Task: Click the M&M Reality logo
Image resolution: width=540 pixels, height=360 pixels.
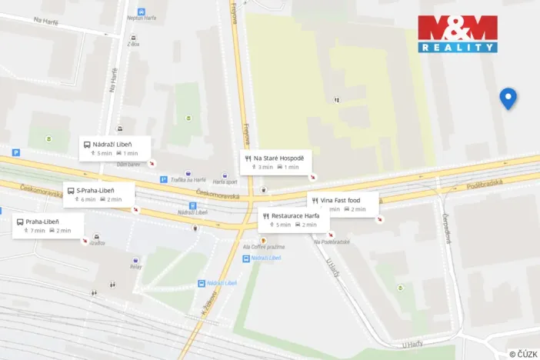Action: [458, 34]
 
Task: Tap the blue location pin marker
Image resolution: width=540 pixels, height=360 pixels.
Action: [508, 98]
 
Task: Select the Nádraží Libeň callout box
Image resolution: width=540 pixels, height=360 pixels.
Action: [115, 148]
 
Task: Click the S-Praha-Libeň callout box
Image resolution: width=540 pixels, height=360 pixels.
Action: [99, 195]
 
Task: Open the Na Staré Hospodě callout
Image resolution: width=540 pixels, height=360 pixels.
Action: [275, 162]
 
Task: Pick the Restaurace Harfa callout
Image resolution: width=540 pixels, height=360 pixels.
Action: [294, 220]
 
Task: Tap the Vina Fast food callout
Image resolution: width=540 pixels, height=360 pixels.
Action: [343, 204]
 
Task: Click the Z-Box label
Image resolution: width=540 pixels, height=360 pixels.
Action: [135, 45]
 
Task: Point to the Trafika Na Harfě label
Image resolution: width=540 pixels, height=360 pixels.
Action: [188, 180]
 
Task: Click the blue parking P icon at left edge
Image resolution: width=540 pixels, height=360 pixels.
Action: [15, 153]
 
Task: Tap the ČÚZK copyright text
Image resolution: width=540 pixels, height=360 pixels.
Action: [523, 354]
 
